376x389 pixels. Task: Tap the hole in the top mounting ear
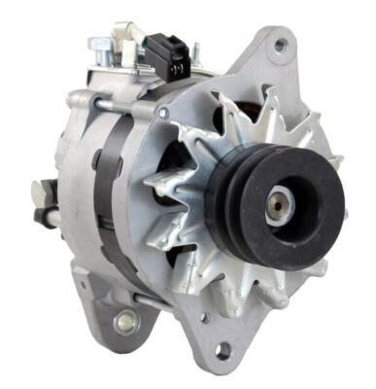point(281,45)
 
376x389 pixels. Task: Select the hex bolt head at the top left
point(99,44)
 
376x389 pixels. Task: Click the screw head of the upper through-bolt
point(162,112)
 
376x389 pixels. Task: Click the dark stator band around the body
point(109,185)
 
